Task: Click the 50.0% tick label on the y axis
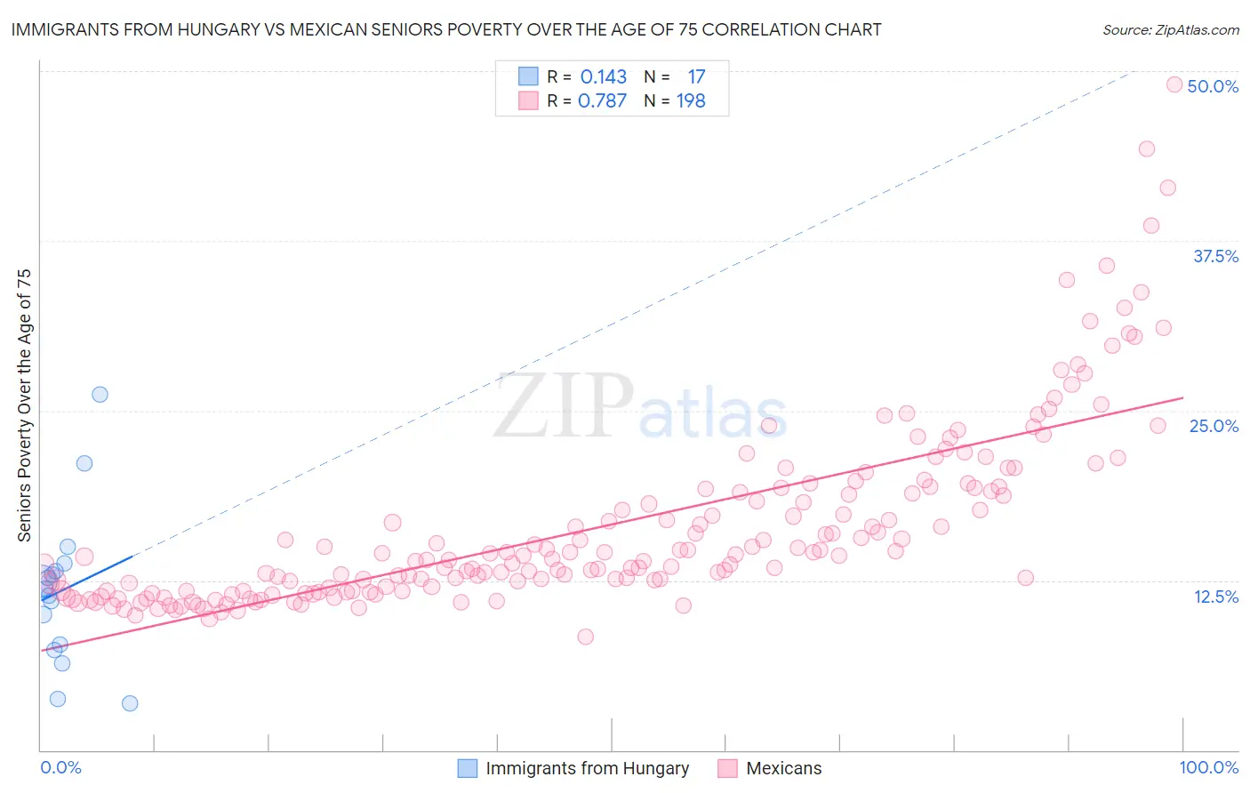pos(1213,86)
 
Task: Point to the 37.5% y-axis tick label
pos(1215,256)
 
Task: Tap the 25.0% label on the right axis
pos(1214,426)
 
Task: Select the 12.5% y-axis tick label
pos(1215,597)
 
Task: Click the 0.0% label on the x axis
pos(60,767)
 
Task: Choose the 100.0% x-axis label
pos(1208,767)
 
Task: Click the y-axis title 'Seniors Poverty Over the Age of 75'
pos(24,405)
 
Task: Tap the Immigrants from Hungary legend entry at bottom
pos(587,768)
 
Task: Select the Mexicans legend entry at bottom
pos(783,768)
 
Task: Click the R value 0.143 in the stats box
pos(604,77)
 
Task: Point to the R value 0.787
pos(603,101)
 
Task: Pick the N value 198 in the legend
pos(691,101)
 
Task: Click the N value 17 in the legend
pos(696,77)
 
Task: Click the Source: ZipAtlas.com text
pos(1170,29)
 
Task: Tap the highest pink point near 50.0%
pos(1174,84)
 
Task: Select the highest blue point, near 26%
pos(100,395)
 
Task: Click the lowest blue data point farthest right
pos(130,703)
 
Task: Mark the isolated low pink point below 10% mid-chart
pos(585,637)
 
